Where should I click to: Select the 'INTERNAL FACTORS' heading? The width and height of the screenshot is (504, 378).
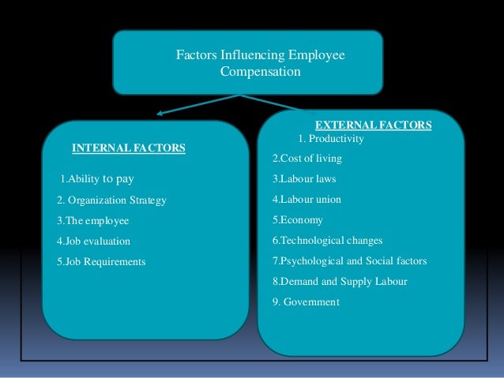point(129,148)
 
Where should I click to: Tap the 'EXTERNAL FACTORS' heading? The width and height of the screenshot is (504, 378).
point(373,125)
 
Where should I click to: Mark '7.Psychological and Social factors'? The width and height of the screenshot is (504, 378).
point(345,260)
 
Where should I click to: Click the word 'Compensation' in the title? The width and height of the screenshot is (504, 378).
point(261,72)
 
